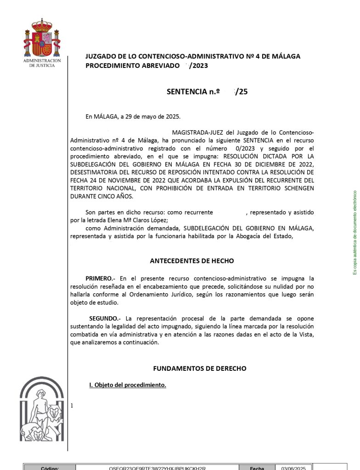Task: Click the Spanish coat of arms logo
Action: tap(42, 39)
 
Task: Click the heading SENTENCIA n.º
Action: tap(193, 91)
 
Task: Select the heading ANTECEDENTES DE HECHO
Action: tap(192, 261)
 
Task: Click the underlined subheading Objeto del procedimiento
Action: tap(127, 385)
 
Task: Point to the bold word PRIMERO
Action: tap(100, 278)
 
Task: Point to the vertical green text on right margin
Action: tap(354, 233)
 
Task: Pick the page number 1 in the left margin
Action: tap(72, 406)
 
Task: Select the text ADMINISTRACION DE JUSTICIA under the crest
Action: tap(42, 63)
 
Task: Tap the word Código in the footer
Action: tap(50, 468)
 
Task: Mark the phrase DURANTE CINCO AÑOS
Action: tap(101, 196)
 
